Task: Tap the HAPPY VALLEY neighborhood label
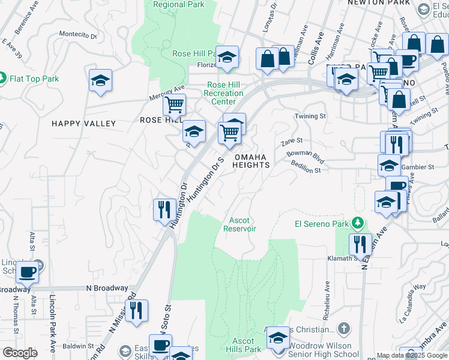83,124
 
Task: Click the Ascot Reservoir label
240,224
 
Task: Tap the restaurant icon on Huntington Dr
164,210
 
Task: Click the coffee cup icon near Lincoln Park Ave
28,272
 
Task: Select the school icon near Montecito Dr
100,80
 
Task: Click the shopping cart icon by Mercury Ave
174,104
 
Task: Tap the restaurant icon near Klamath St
360,244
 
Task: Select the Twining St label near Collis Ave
310,116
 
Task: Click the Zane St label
291,142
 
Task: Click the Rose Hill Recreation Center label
224,93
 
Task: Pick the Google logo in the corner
20,353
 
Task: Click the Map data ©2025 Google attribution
412,355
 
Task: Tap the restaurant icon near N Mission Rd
136,311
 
